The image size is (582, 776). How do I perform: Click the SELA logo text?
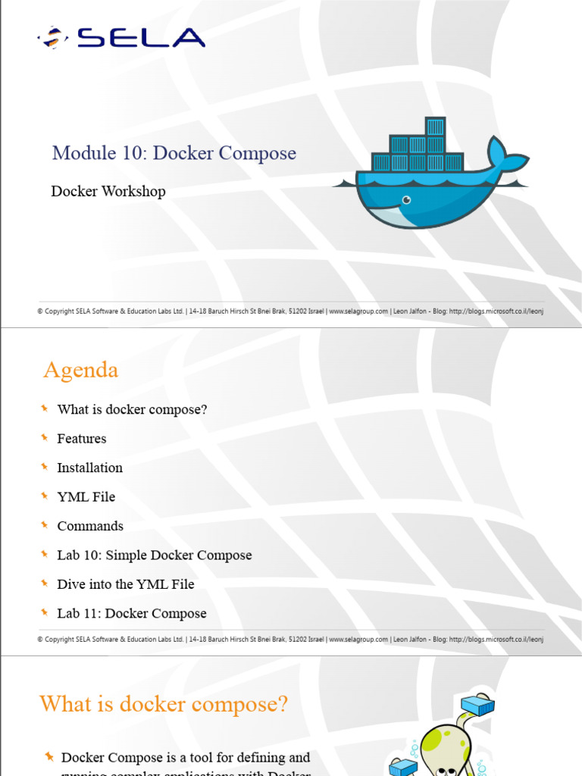point(141,38)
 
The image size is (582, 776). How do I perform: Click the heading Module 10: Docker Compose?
point(174,153)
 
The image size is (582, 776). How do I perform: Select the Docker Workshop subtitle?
point(108,191)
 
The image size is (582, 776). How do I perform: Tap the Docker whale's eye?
point(407,200)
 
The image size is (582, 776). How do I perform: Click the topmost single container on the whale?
point(435,127)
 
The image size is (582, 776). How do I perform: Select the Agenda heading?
point(80,370)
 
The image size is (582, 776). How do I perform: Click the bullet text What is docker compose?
point(132,409)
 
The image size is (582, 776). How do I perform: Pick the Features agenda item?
point(82,439)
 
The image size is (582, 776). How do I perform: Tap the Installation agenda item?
point(89,468)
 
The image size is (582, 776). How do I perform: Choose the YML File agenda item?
point(86,496)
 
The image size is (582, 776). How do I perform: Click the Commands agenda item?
point(90,526)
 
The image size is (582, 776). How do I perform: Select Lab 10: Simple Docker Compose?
point(155,555)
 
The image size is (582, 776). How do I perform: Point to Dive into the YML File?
point(126,584)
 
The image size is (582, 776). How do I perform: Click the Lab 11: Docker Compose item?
point(132,613)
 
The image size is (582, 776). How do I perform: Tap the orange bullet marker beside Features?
point(45,437)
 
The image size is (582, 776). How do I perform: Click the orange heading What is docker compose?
point(164,704)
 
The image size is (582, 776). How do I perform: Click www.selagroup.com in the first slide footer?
point(358,311)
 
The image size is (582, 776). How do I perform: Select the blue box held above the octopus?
point(477,706)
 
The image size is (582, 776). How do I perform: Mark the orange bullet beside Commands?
point(45,524)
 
